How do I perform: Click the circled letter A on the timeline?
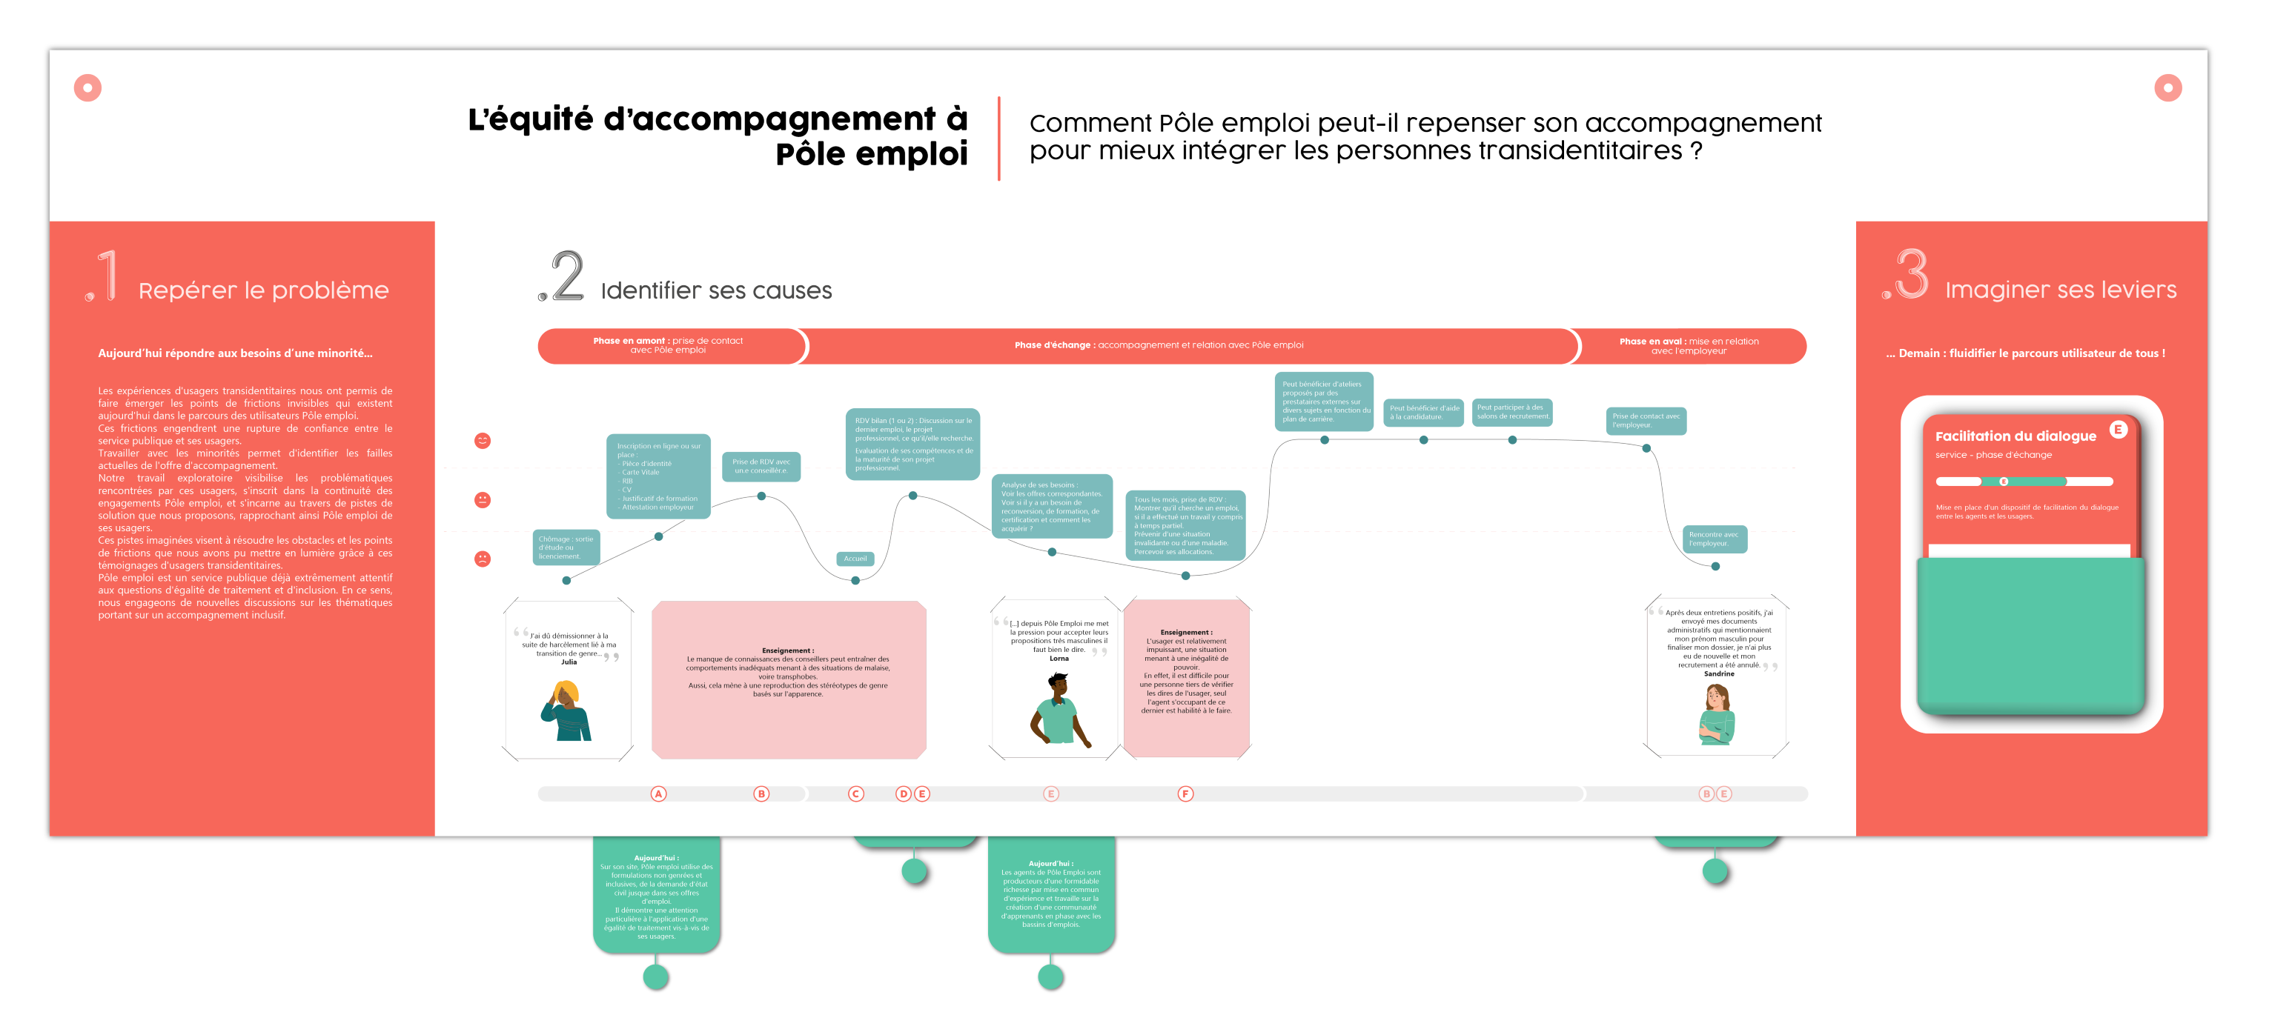click(658, 794)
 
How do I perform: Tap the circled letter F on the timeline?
click(1185, 794)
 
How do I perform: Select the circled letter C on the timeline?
click(855, 794)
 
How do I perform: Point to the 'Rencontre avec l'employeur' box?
click(1714, 539)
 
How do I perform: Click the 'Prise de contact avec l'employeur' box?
click(1646, 421)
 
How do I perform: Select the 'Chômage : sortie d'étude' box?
click(566, 548)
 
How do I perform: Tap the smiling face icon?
click(483, 441)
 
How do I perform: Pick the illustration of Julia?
click(566, 710)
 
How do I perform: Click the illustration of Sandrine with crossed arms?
click(1716, 714)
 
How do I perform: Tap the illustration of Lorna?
click(1059, 710)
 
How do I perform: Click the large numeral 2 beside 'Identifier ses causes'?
click(566, 276)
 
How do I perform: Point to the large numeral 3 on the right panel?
click(1912, 274)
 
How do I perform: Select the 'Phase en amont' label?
click(668, 345)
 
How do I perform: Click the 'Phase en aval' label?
click(1688, 346)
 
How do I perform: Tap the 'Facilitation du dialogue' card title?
click(2015, 436)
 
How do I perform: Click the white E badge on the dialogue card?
click(2118, 430)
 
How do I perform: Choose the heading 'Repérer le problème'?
click(263, 290)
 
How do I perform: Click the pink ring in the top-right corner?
click(2167, 88)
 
